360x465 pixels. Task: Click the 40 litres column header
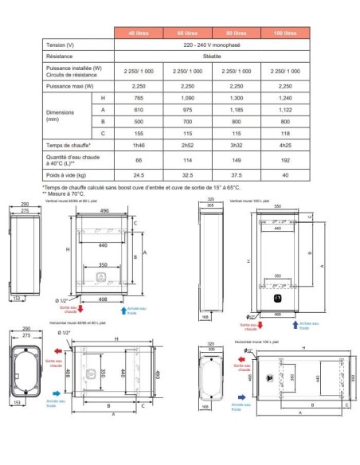click(140, 33)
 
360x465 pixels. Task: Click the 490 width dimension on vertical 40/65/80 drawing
click(104, 211)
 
